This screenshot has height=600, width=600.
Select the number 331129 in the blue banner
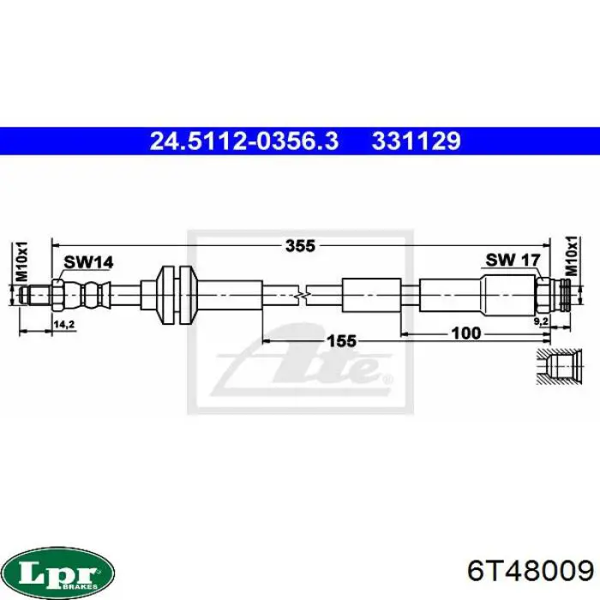coord(417,141)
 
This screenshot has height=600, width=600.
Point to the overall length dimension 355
coord(300,246)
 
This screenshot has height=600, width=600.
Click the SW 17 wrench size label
coord(512,260)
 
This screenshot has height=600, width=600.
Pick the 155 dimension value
coord(340,340)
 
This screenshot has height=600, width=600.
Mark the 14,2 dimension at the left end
coord(63,323)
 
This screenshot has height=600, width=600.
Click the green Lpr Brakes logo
coord(58,571)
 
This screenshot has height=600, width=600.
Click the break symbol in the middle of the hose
coord(299,295)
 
